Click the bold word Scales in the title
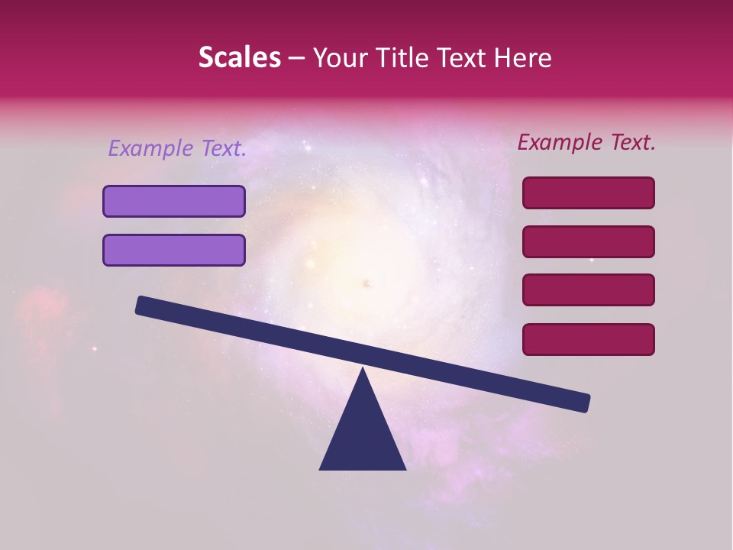point(239,58)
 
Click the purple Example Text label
point(177,149)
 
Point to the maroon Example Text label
point(586,142)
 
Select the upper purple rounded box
point(174,202)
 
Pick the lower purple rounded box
point(174,251)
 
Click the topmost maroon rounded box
point(589,193)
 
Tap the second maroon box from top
point(589,242)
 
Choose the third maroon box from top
point(589,290)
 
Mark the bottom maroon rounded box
point(589,339)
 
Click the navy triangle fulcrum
point(363,435)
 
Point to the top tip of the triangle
point(363,370)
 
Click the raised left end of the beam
point(142,305)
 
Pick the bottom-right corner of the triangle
point(405,468)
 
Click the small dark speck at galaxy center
point(366,284)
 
